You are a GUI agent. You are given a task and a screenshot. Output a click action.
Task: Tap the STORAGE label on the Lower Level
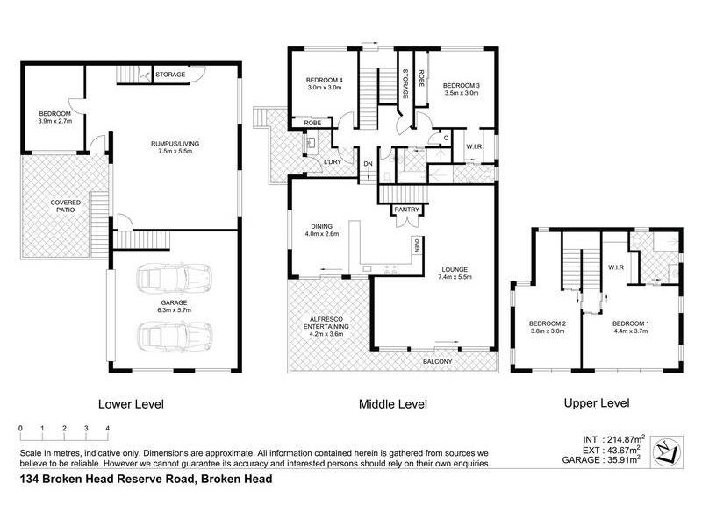(x=170, y=75)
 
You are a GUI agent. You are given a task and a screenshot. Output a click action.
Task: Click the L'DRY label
(x=333, y=162)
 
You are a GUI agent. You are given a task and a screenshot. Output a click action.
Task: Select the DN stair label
(x=369, y=162)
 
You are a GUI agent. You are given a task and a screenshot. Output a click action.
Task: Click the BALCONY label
(x=436, y=361)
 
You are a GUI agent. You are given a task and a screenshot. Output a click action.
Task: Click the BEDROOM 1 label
(x=629, y=326)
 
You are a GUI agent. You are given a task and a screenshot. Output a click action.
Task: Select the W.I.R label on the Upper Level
(x=615, y=268)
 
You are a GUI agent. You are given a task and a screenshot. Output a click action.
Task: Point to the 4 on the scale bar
(x=107, y=428)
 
